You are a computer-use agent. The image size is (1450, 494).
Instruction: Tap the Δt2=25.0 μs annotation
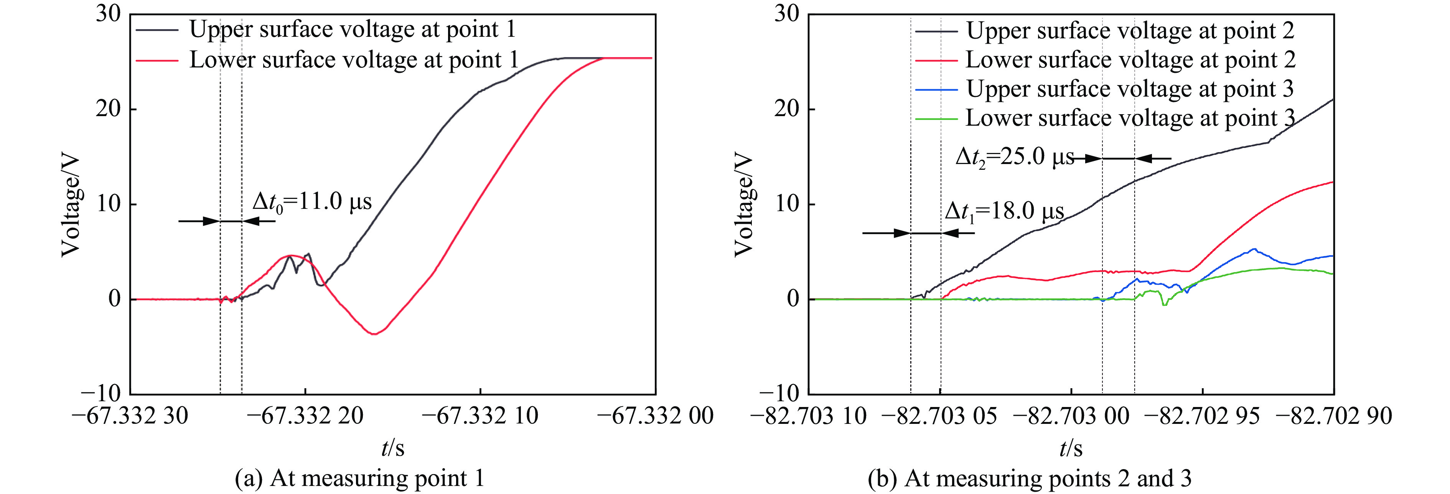click(x=1014, y=156)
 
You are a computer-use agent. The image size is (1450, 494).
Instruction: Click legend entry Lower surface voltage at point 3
click(x=1130, y=118)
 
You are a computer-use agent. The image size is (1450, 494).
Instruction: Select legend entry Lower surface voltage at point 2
click(x=1130, y=60)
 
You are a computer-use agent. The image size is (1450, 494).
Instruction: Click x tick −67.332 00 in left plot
click(x=655, y=416)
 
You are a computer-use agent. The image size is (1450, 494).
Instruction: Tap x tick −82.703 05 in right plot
click(x=939, y=416)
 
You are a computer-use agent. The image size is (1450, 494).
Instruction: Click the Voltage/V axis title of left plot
click(x=71, y=205)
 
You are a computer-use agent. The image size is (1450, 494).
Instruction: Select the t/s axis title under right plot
click(x=1071, y=448)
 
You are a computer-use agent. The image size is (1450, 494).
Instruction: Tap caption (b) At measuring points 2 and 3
click(x=1030, y=478)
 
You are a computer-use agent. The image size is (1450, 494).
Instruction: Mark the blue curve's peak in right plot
click(x=1254, y=249)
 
